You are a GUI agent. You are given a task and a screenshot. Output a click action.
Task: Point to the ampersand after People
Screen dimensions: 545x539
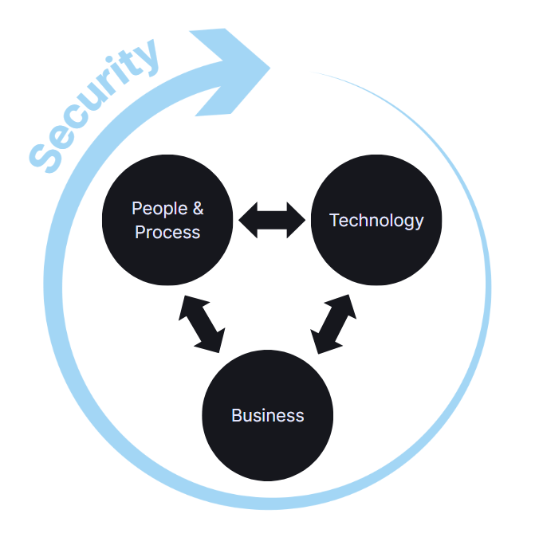[197, 209]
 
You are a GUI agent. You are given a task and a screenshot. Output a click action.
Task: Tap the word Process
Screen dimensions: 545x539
[167, 233]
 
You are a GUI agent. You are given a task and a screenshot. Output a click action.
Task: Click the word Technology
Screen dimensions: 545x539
[376, 220]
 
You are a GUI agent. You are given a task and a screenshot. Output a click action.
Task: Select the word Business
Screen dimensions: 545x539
[268, 415]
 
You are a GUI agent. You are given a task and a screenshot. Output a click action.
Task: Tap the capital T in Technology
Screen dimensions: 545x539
[335, 220]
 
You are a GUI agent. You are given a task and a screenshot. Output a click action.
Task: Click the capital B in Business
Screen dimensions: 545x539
[237, 415]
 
